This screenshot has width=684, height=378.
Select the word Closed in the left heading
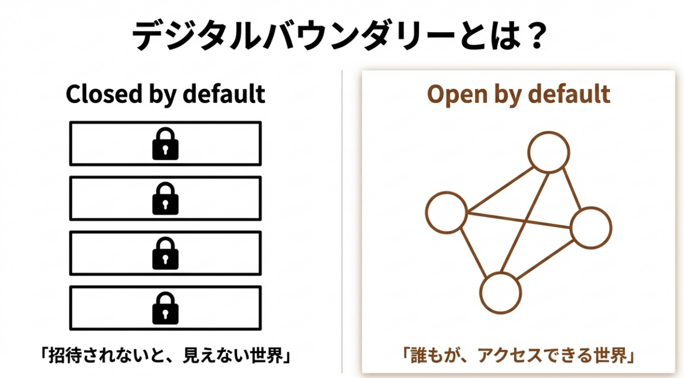click(104, 94)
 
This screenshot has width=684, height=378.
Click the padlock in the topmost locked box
click(165, 143)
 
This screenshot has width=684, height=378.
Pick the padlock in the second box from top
click(165, 198)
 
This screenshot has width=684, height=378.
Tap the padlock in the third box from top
click(165, 253)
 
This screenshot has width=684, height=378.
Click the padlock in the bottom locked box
click(165, 308)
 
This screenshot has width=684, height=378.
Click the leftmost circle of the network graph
click(426, 213)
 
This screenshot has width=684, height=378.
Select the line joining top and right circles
click(571, 189)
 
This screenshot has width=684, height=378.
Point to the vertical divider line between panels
click(342, 222)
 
